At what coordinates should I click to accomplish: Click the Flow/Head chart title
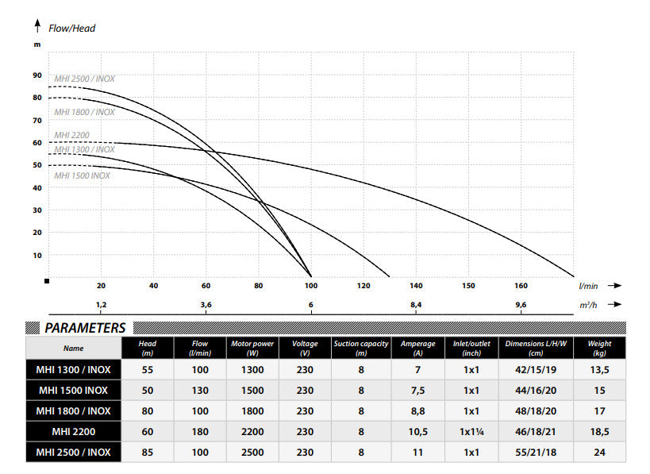(72, 28)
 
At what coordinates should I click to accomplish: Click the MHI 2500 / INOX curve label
(84, 79)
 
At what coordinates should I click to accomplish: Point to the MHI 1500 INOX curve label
(82, 175)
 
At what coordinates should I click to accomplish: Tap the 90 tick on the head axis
(37, 75)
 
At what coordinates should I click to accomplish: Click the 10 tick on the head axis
(37, 256)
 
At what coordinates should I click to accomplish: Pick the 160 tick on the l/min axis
(521, 285)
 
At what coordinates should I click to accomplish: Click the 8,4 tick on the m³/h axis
(416, 305)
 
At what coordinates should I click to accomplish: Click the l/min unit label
(588, 285)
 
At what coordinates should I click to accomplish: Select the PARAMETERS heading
(85, 328)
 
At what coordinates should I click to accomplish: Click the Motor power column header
(252, 348)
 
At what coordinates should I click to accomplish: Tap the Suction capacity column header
(360, 348)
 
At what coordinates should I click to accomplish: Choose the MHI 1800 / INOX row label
(73, 411)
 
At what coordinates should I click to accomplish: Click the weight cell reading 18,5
(599, 432)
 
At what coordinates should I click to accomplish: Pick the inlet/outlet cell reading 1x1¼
(471, 432)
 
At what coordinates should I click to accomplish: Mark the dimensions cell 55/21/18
(536, 453)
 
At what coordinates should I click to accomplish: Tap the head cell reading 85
(147, 453)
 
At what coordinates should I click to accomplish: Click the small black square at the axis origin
(48, 281)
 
